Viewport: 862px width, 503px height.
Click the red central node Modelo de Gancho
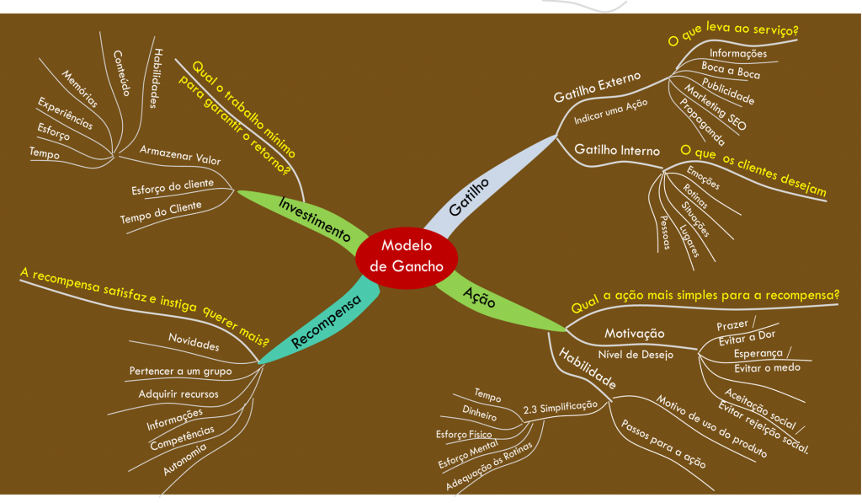pos(406,256)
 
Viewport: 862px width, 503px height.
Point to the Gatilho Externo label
pos(597,87)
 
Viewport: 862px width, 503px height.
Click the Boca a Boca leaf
pos(731,70)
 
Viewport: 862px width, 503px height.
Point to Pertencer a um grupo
pos(180,371)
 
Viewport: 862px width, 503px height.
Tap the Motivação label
pos(634,334)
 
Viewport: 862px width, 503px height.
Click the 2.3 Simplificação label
pos(560,406)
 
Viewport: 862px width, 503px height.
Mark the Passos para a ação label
pos(662,443)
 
